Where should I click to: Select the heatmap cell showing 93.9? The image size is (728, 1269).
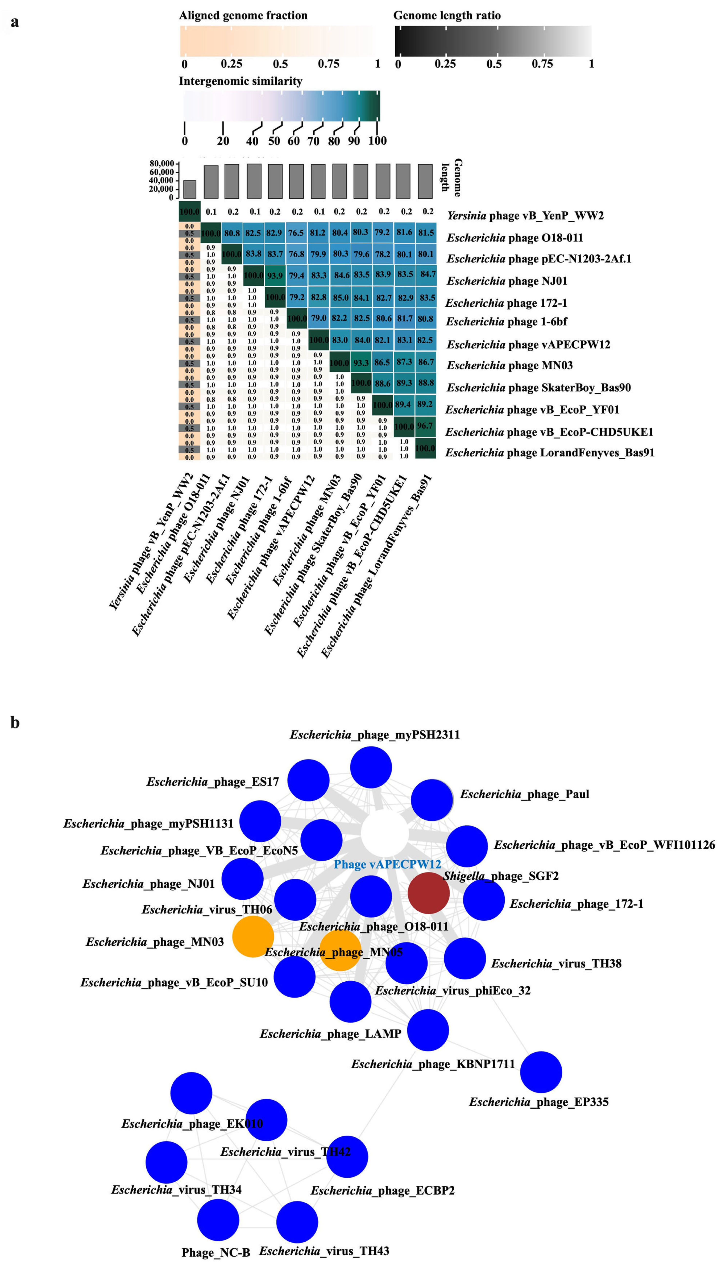pos(275,276)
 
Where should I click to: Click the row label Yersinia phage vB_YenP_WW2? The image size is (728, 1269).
pos(525,216)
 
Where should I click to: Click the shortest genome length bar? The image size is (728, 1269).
pos(189,189)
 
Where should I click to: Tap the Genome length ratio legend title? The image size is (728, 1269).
pos(447,16)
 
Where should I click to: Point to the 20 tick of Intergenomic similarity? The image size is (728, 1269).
pos(223,141)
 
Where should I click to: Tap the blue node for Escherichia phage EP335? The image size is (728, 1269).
pos(541,1072)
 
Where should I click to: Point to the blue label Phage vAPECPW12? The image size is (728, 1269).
pos(388,864)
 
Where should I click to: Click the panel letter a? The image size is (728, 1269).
pos(15,22)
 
